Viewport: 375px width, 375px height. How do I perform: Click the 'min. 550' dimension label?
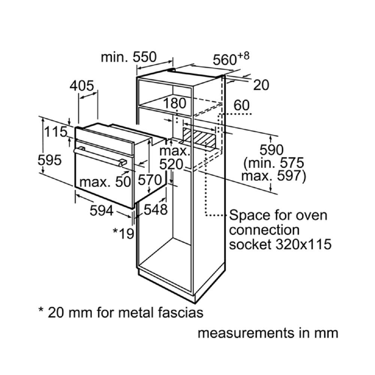pos(128,57)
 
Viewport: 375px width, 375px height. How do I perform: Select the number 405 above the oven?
pos(82,86)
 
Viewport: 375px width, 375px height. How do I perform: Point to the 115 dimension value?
pos(56,132)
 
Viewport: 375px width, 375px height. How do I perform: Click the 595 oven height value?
pos(49,160)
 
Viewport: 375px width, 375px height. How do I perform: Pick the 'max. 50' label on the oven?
pos(105,182)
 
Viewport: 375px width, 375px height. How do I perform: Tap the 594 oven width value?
pos(101,211)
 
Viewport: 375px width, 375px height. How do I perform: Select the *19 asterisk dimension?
pos(123,234)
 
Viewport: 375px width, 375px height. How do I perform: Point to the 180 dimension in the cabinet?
pos(175,103)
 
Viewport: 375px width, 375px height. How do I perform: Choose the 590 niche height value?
pos(272,150)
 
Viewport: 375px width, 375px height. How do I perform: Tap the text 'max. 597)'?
pos(273,175)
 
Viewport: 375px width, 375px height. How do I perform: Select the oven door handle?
pos(100,157)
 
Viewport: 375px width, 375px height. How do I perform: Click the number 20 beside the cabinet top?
pos(261,85)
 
